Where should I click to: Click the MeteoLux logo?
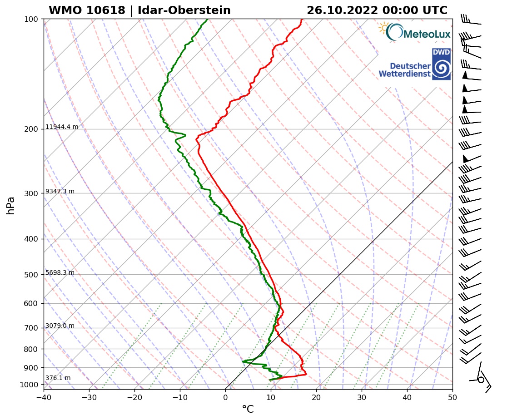(414, 32)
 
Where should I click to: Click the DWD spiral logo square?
(441, 64)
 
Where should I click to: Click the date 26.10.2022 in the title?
(342, 10)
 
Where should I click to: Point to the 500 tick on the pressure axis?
(30, 275)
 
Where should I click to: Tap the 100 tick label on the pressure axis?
(30, 19)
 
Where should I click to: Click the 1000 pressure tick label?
(29, 385)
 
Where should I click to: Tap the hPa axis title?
(11, 205)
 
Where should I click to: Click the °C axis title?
(248, 410)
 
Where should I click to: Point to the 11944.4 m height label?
(62, 127)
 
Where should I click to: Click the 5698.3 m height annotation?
(60, 273)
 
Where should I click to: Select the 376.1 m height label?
(58, 378)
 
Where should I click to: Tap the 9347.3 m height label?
(60, 192)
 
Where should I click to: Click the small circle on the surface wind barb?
(481, 380)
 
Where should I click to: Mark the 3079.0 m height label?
(60, 326)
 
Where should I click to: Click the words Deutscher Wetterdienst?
(404, 70)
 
